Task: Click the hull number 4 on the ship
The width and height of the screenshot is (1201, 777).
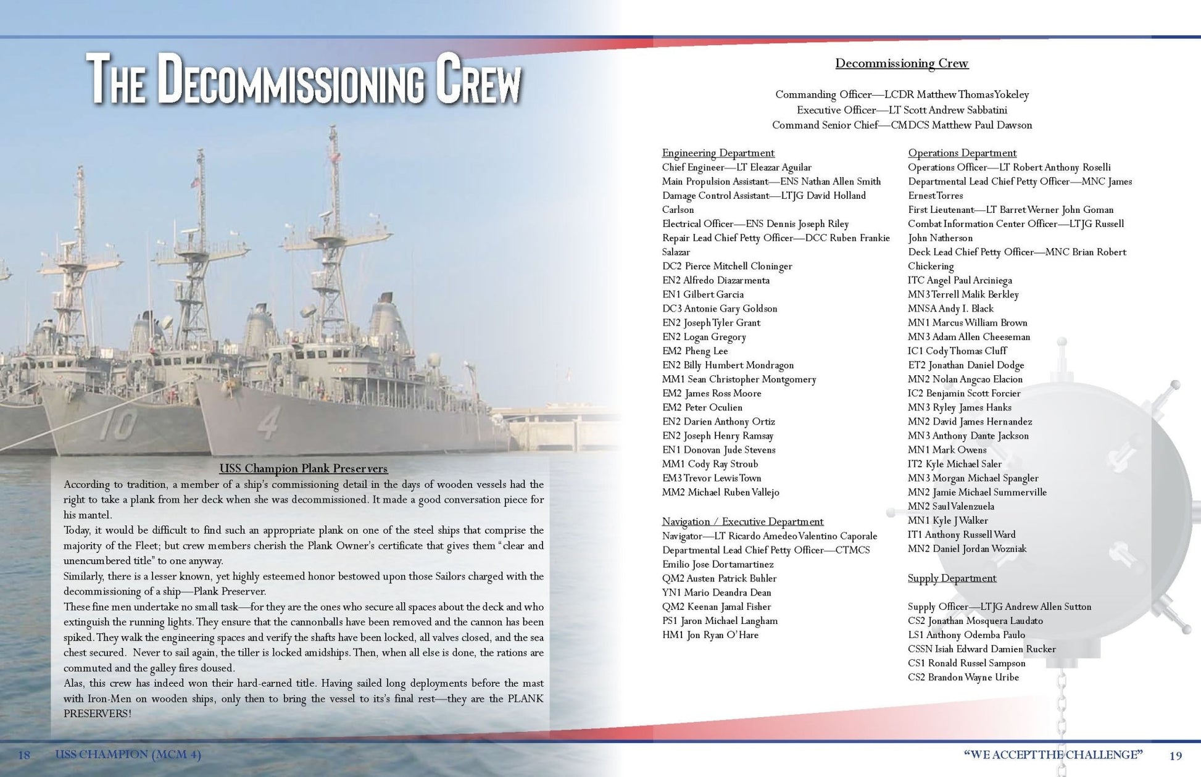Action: pos(269,423)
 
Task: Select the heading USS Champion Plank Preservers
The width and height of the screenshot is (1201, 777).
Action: pos(304,468)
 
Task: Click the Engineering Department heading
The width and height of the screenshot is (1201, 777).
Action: pos(718,153)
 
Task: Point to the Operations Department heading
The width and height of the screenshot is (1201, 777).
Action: pos(962,153)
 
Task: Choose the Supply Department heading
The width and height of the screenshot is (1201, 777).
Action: pos(952,578)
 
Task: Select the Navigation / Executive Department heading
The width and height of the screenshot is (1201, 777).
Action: pos(742,521)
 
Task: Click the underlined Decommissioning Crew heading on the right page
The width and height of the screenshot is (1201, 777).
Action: pos(902,64)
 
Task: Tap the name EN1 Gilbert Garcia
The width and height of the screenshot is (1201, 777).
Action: pos(702,294)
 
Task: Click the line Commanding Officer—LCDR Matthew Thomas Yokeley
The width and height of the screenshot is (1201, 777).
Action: pos(902,95)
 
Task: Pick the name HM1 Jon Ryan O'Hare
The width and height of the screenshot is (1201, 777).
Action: pos(710,635)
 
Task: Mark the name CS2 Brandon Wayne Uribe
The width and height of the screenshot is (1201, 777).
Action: pos(963,678)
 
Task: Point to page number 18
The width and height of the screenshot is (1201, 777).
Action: pos(24,755)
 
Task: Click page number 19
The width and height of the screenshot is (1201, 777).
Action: pos(1175,755)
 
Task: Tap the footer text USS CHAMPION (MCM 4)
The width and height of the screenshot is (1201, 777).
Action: pos(128,755)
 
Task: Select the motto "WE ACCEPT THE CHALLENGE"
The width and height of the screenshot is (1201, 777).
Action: pos(1053,755)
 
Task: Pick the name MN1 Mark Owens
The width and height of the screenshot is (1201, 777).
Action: pos(947,450)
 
